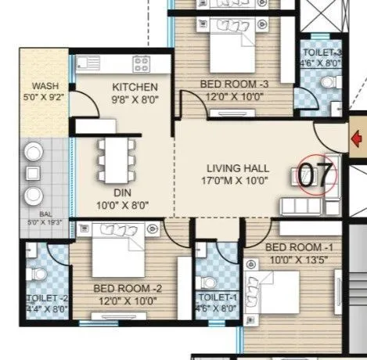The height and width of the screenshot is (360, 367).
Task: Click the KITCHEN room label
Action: (x=135, y=87)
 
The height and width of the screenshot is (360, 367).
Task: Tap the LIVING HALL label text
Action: (x=238, y=168)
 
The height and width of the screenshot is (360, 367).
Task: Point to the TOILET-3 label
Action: (x=322, y=54)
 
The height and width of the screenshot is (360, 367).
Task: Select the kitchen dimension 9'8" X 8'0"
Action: (x=135, y=99)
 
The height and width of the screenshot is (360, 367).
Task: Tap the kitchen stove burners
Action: (x=141, y=63)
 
